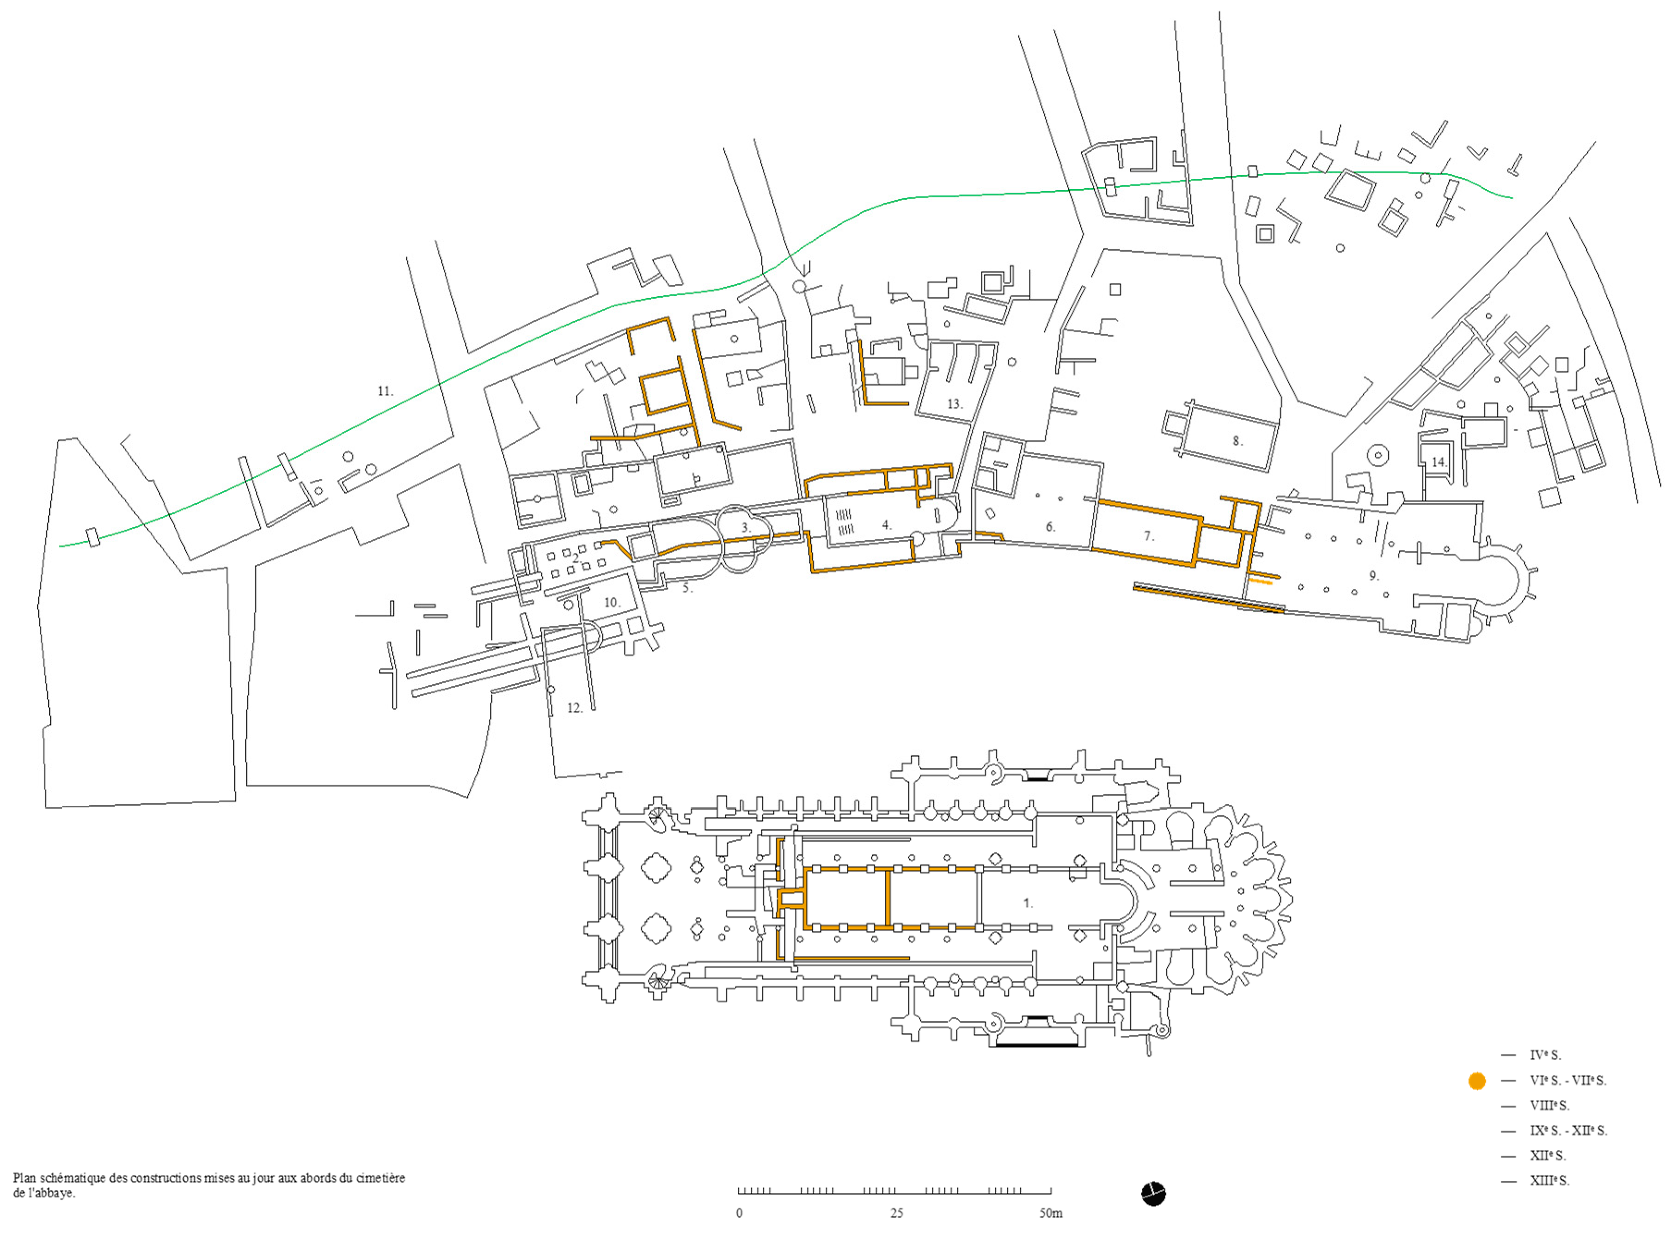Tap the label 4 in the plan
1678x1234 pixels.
point(886,525)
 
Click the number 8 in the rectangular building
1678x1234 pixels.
point(1237,441)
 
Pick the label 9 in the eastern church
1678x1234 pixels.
point(1373,576)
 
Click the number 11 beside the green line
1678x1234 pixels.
point(385,391)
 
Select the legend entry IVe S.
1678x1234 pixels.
point(1545,1056)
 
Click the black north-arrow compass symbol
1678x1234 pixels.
point(1153,1194)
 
